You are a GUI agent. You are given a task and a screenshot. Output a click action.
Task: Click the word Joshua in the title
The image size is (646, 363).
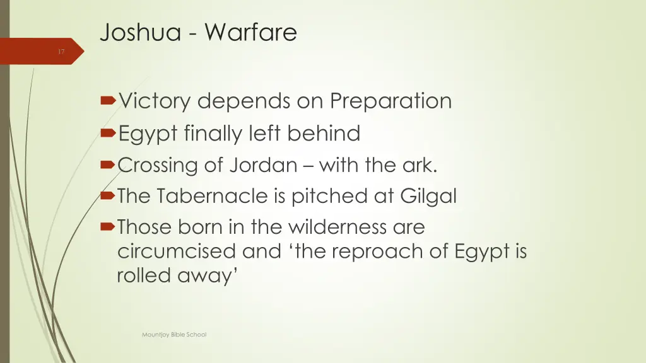coord(131,32)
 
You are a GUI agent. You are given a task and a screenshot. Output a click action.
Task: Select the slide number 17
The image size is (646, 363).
coord(61,52)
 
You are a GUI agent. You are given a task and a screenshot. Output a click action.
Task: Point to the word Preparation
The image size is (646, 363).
coord(391,101)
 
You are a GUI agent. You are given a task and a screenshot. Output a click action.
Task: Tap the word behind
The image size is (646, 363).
coord(324,133)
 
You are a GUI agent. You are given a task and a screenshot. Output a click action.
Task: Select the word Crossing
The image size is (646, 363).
coord(158,166)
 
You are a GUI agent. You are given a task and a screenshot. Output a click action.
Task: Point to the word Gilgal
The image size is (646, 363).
coord(428,197)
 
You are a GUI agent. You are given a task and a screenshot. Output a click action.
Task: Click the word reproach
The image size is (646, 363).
coord(363,251)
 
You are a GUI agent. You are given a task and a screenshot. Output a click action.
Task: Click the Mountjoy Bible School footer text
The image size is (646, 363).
coord(174,335)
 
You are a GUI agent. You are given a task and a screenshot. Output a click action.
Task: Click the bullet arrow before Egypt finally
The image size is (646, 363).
coord(109,133)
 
